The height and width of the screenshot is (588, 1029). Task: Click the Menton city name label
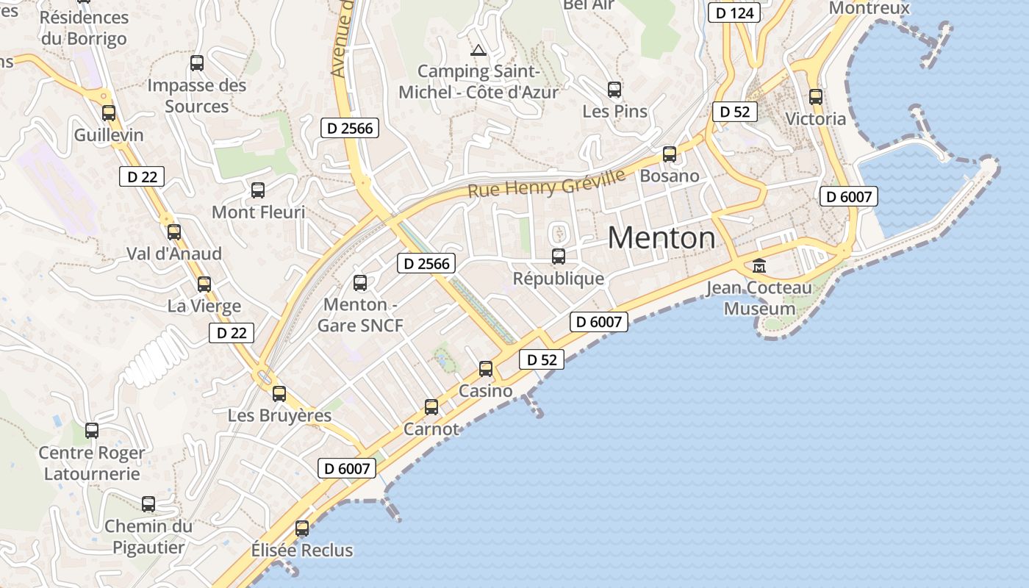pos(661,237)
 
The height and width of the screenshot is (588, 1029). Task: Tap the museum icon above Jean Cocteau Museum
pos(759,265)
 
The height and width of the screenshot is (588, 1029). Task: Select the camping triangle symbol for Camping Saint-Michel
pos(478,51)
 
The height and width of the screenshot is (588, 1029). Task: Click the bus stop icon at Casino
pos(486,369)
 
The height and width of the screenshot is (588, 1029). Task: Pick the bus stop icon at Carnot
pos(431,407)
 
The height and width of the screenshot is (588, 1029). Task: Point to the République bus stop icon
pos(559,257)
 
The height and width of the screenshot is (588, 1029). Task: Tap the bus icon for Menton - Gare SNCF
pos(360,283)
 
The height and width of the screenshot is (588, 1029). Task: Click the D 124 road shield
pos(734,13)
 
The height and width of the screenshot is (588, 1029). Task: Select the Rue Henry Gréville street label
pos(547,183)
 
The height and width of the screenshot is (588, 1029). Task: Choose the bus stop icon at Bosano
pos(670,154)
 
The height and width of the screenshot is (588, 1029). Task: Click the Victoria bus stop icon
pos(816,97)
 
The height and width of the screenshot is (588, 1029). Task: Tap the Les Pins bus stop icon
pos(614,90)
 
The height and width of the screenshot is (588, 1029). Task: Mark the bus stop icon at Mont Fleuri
pos(258,190)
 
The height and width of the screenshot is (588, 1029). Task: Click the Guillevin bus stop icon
pos(109,113)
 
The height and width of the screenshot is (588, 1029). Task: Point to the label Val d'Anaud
pos(174,254)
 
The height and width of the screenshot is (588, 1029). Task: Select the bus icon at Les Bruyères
pos(279,394)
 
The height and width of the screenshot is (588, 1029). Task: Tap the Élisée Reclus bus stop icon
pos(302,528)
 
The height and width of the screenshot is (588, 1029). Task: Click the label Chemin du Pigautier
pos(148,537)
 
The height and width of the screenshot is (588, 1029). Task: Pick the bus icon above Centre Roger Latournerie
pos(92,431)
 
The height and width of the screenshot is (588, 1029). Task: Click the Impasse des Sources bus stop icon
pos(197,63)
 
